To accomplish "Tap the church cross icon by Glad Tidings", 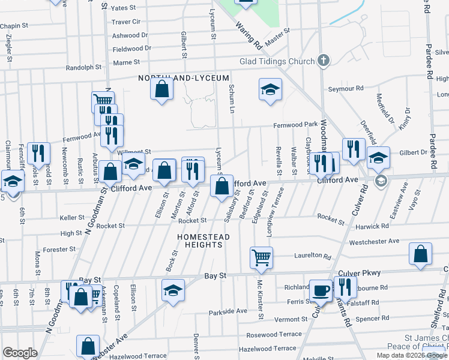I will pos(324,61).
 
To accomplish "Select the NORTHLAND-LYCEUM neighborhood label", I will pos(184,79).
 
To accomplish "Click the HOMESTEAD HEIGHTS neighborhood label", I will pos(203,241).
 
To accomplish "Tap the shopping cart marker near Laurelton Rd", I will pos(261,257).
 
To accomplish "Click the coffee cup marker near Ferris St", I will pos(321,290).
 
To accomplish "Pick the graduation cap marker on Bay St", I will pos(173,290).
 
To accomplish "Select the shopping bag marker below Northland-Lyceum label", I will pos(162,89).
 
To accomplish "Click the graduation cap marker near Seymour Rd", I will pos(270,90).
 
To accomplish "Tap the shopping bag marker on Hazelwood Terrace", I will pos(88,346).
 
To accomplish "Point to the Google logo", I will pos(20,353).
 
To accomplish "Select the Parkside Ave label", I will pos(228,312).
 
